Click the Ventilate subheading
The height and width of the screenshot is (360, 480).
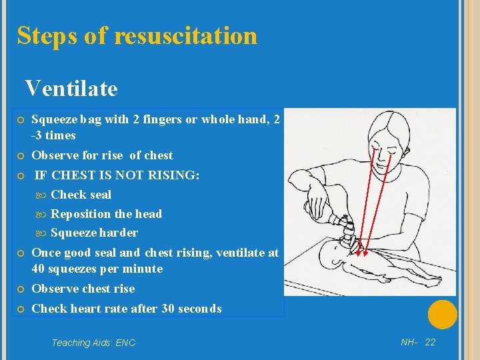(71, 88)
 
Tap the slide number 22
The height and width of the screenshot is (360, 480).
(430, 342)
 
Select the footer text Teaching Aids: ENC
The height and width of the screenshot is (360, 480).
(94, 343)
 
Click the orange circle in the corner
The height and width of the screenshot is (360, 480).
(443, 315)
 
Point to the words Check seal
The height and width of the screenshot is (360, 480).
(81, 195)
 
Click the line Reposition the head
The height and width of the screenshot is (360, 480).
(106, 214)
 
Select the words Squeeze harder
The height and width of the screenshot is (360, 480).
(94, 233)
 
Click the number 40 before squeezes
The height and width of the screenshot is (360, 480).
(38, 269)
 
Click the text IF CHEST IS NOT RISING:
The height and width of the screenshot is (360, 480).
(117, 175)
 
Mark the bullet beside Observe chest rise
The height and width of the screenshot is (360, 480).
(21, 289)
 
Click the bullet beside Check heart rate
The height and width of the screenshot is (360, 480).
(21, 309)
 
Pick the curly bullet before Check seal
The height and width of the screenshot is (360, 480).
(41, 195)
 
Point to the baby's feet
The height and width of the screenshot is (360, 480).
(434, 280)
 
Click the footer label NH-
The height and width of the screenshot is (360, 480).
(409, 342)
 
